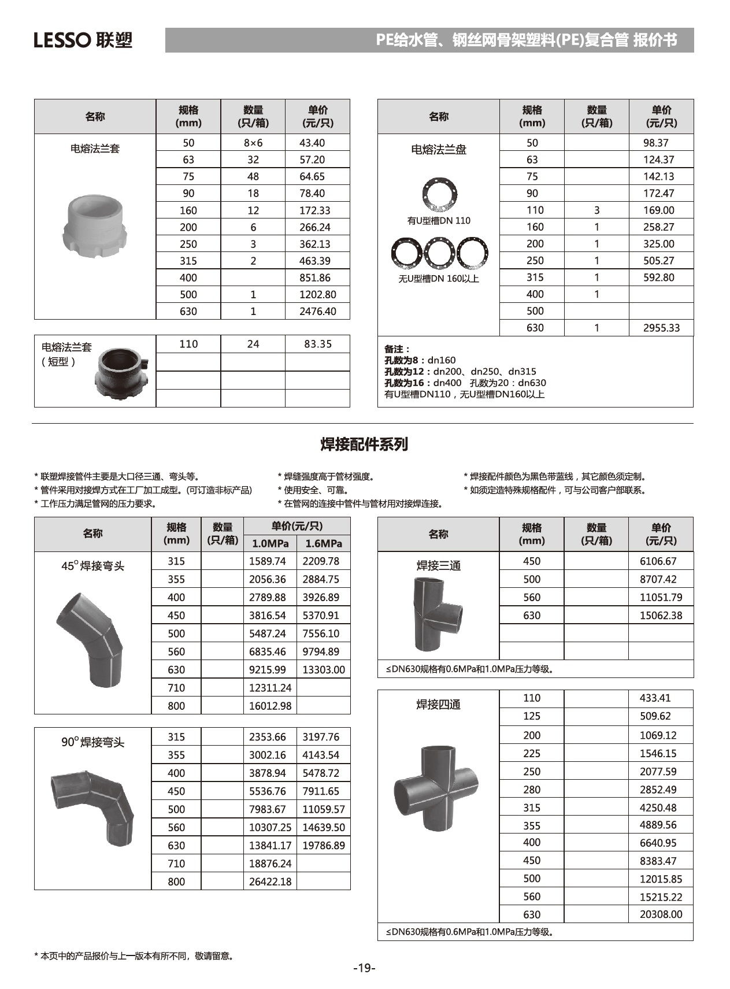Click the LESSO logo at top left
pos(83,40)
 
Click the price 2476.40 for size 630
pos(317,311)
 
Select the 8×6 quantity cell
pos(253,143)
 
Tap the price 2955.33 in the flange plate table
pos(661,328)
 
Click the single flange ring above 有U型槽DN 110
pos(439,195)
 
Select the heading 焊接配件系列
pos(364,444)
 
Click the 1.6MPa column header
pos(323,543)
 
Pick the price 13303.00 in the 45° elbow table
pos(323,669)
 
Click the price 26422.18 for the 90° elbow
pos(270,881)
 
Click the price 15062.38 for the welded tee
pos(661,615)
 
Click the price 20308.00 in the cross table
pos(661,914)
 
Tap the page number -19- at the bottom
pos(364,968)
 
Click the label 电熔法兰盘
pos(438,150)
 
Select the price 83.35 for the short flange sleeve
pos(317,344)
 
